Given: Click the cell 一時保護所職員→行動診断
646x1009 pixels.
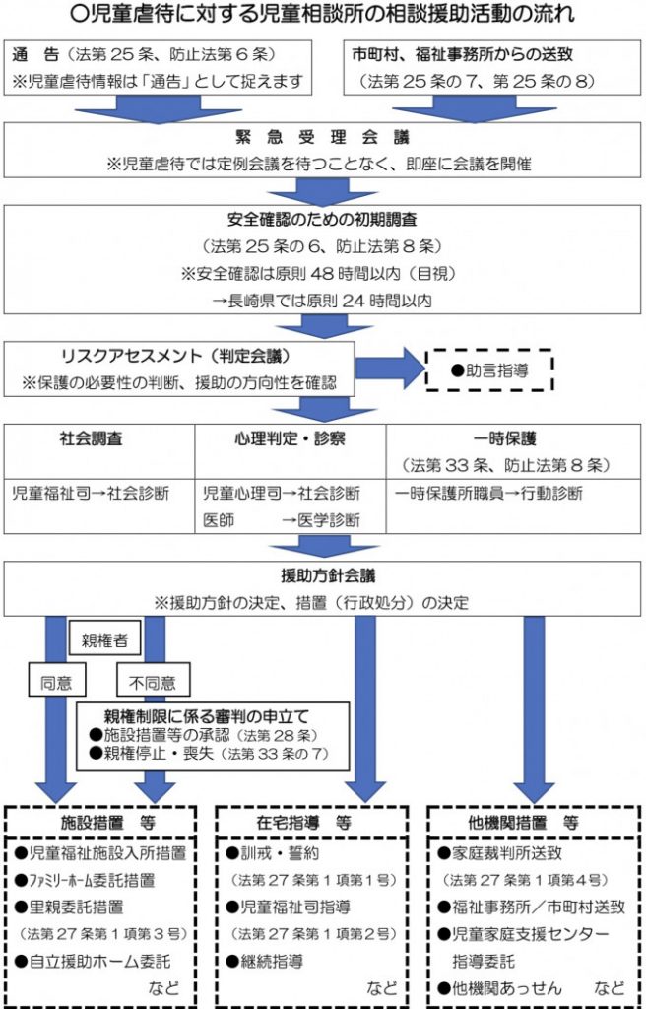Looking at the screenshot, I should [x=489, y=492].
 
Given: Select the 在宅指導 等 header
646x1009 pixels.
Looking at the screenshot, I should [x=311, y=821].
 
